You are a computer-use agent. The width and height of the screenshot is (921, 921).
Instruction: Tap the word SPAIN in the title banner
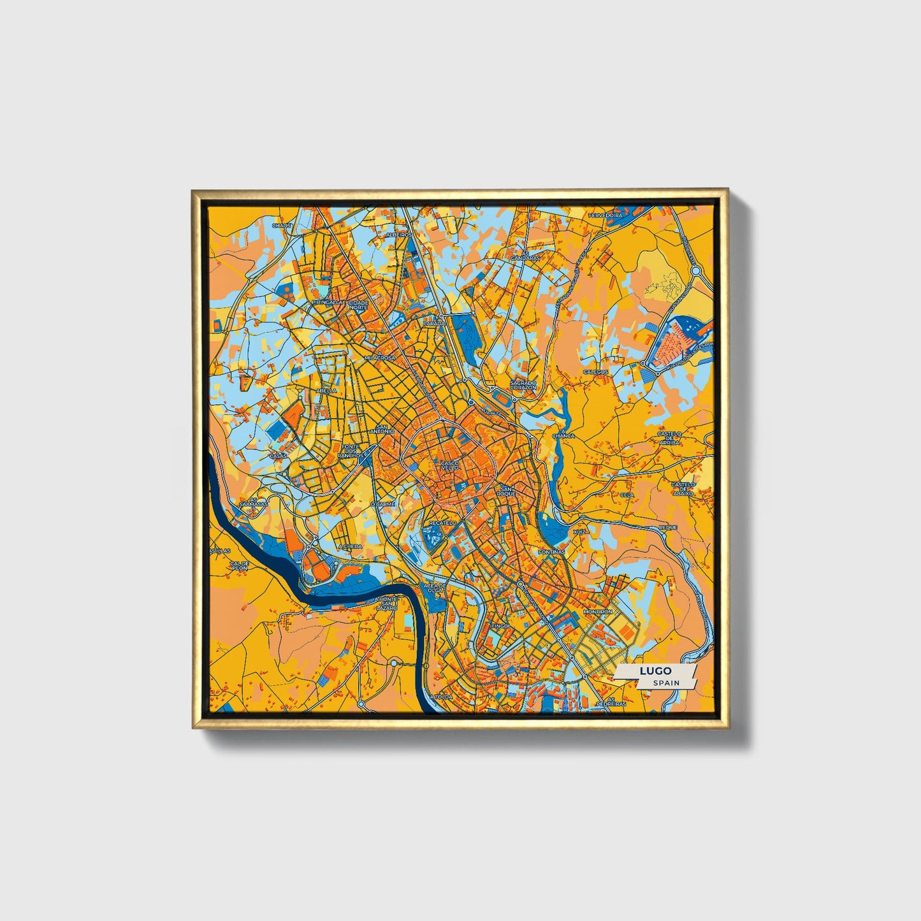coord(665,683)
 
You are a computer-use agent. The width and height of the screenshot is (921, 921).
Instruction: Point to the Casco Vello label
coord(449,465)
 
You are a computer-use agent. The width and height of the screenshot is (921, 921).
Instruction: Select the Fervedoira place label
coord(605,216)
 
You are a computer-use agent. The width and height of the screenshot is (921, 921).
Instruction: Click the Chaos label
coord(281,225)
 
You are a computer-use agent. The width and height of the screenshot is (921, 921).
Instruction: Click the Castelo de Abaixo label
coord(683,490)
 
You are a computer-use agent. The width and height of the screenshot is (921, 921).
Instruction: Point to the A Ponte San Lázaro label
coord(386,604)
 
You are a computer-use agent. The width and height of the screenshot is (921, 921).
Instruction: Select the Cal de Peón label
coord(240,565)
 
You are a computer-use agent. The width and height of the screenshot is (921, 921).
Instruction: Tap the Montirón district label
coord(598,612)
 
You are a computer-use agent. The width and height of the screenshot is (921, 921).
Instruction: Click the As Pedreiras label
coord(616,701)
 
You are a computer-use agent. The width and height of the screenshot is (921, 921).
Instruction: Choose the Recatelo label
coord(442,523)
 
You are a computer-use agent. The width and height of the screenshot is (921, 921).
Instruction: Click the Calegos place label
coord(595,372)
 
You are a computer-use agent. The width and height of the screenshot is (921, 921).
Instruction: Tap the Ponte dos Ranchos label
coord(351,451)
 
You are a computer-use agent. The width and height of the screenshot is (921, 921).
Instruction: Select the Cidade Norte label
coord(358,305)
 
